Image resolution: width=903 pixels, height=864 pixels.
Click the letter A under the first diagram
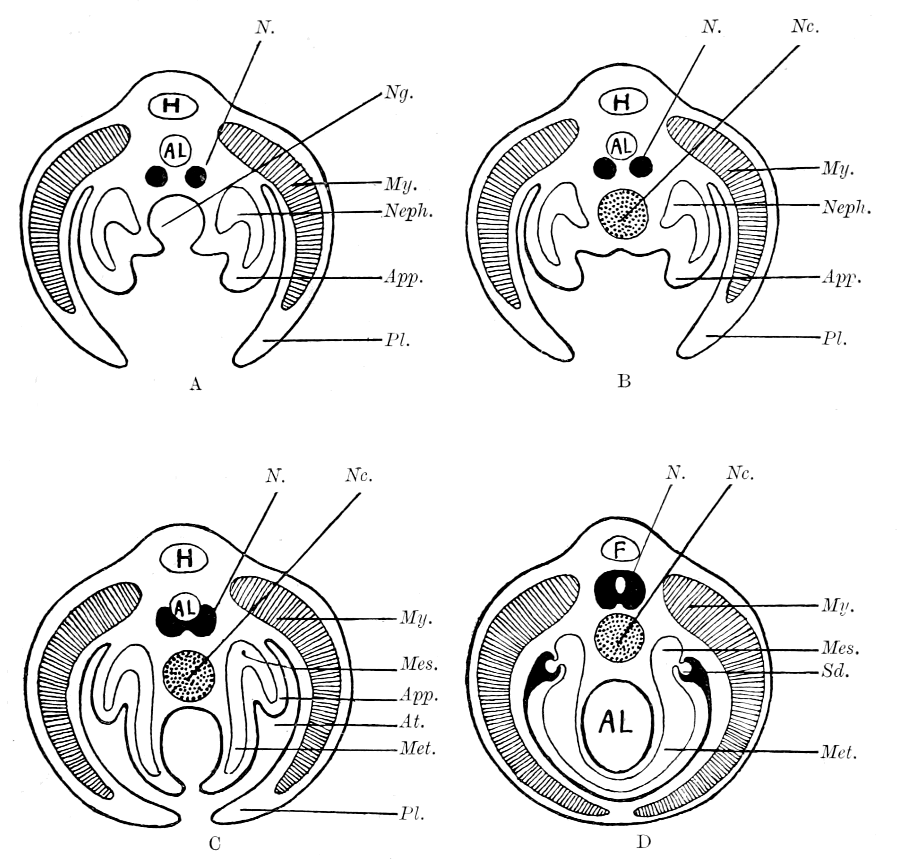coord(196,384)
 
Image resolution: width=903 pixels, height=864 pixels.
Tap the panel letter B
coord(623,382)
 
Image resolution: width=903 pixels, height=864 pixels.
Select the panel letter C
coord(215,844)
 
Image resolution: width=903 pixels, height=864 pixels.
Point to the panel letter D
coord(643,842)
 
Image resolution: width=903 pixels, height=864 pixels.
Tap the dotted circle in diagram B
coord(622,213)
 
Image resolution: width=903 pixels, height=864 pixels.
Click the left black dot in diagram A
coord(156,176)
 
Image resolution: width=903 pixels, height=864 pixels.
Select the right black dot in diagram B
coord(641,167)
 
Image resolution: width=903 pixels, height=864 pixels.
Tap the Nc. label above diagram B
coord(805,27)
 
